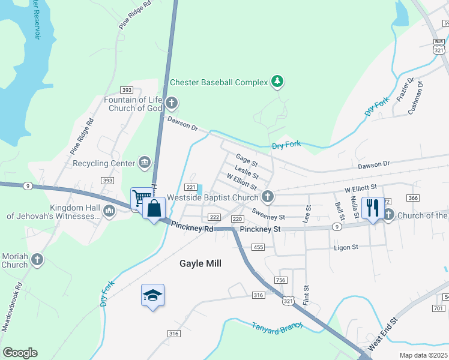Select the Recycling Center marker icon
tap(144, 163)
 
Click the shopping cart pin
tap(141, 197)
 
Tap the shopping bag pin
tap(154, 209)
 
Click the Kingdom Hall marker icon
tap(109, 211)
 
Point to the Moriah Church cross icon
tap(37, 260)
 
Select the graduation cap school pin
tap(152, 295)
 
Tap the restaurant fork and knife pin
tap(373, 208)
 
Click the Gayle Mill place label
tap(200, 263)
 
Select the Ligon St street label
tap(346, 247)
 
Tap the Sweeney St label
tap(268, 214)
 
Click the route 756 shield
tap(280, 280)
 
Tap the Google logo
tap(20, 353)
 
